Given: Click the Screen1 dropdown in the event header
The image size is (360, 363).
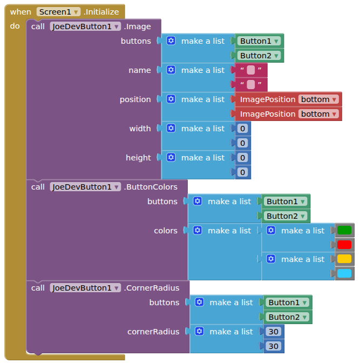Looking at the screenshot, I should (x=58, y=12).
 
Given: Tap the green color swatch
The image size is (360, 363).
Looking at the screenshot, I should (x=344, y=230).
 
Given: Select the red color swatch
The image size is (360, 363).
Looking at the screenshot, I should (x=344, y=245).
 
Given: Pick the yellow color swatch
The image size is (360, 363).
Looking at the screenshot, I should (x=344, y=259).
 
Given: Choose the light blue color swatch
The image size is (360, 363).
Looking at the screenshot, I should (x=344, y=274).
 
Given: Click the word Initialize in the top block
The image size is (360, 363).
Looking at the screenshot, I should (x=101, y=12).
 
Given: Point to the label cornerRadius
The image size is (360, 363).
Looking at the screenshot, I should (x=153, y=332).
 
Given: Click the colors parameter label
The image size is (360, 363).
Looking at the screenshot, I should (x=166, y=231).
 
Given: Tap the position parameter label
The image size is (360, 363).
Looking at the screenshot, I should (x=135, y=99).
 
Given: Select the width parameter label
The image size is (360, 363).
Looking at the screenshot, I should (x=140, y=129).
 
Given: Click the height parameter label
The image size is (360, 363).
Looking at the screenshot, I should (x=139, y=158).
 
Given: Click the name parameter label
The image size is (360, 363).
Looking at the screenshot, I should (x=140, y=70).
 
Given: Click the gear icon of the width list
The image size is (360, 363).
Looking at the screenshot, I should (x=171, y=129).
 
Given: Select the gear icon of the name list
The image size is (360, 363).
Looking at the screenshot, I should (x=171, y=70).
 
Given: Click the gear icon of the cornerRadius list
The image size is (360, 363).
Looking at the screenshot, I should (x=200, y=332).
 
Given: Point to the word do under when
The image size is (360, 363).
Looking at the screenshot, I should (x=15, y=26).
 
